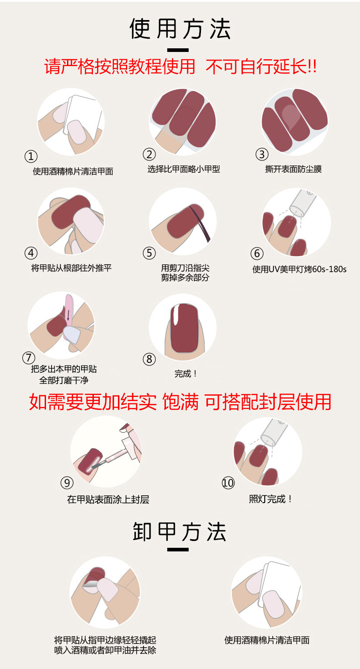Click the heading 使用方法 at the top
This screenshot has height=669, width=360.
180,29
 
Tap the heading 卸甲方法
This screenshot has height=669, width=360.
180,532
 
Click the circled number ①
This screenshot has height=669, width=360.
31,156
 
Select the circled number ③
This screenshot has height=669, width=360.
261,154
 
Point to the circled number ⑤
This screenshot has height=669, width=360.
149,253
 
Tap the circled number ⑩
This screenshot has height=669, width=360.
228,483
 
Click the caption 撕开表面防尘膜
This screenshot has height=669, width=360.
293,169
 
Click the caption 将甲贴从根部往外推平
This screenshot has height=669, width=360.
71,268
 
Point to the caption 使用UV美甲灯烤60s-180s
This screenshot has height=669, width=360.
299,269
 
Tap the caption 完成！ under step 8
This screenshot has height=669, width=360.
185,374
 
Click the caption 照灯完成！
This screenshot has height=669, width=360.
271,499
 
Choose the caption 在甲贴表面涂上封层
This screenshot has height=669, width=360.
108,499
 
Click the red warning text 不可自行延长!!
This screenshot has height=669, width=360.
261,67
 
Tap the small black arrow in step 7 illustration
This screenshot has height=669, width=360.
68,315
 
